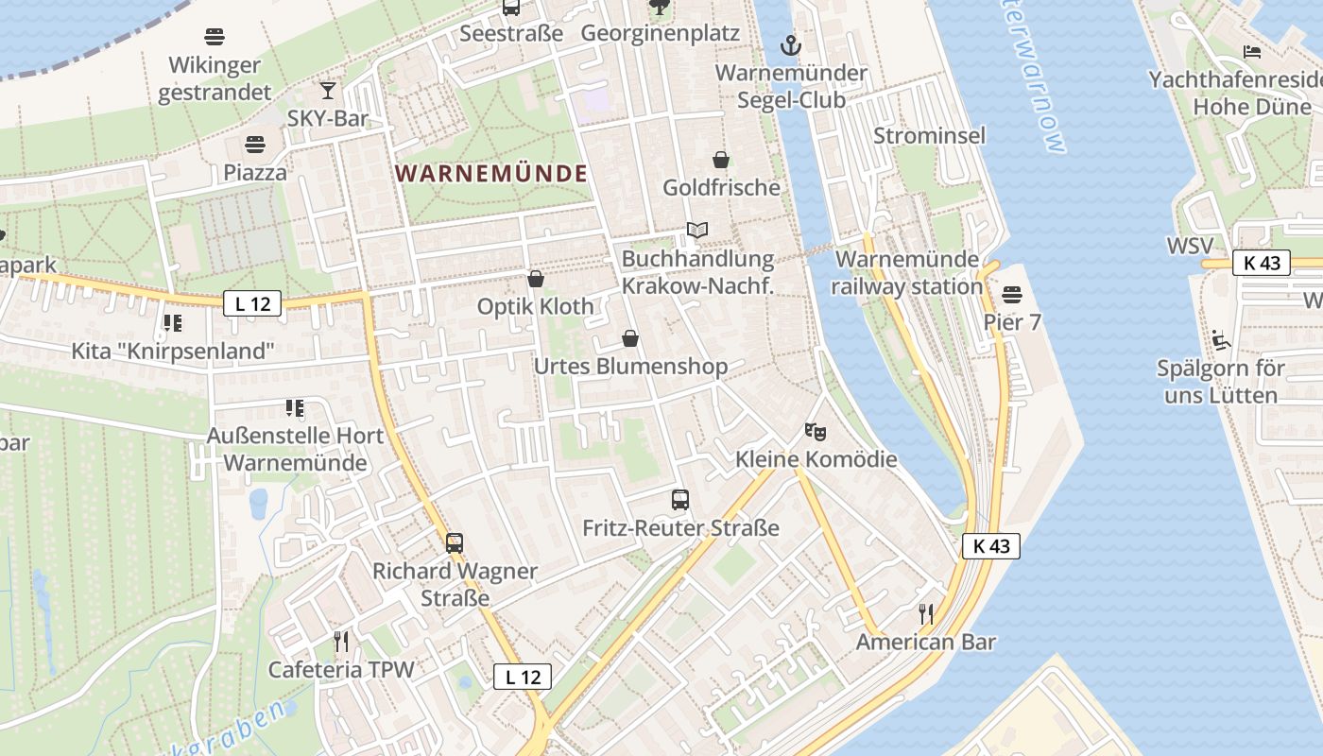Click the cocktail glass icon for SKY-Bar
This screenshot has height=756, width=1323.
[x=328, y=91]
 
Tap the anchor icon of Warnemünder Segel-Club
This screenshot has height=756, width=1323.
[x=790, y=44]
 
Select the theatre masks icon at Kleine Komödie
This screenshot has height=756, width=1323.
[x=816, y=432]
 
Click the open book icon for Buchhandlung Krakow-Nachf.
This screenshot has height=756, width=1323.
[x=697, y=231]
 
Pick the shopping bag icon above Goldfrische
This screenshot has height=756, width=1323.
[x=721, y=160]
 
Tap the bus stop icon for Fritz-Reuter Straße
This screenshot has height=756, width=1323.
[x=680, y=500]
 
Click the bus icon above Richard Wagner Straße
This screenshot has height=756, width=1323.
[x=455, y=543]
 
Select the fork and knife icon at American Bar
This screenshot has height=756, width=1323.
[x=926, y=614]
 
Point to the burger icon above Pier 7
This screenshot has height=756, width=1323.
[x=1012, y=295]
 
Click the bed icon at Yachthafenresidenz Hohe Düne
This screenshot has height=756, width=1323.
[x=1252, y=52]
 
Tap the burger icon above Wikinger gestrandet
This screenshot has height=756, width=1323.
[x=215, y=38]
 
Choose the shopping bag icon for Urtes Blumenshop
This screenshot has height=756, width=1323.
[x=630, y=338]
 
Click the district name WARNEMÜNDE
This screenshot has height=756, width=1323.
[x=491, y=174]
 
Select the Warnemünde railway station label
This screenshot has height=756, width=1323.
[x=907, y=272]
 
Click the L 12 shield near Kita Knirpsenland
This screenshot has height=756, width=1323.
[x=252, y=303]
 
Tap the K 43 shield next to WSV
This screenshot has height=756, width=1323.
[x=1262, y=263]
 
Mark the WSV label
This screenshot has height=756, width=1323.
[x=1190, y=246]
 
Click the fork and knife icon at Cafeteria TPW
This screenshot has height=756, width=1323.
[x=341, y=643]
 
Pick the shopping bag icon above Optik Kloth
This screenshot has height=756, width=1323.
[x=536, y=279]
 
